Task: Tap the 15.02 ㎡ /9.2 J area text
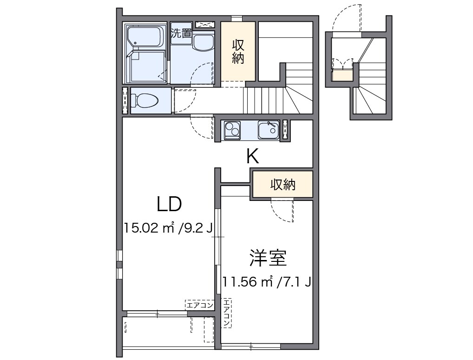[x=168, y=228]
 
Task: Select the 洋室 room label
[x=267, y=258]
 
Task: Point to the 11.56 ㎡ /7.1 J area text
[x=266, y=282]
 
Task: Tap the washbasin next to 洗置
[x=203, y=43]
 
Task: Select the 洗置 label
[x=181, y=33]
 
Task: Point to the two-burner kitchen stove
[x=232, y=130]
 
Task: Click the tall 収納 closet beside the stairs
[x=238, y=52]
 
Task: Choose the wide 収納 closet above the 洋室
[x=282, y=185]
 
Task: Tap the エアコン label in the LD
[x=199, y=305]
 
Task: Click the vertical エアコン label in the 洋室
[x=226, y=313]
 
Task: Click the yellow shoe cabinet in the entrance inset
[x=342, y=76]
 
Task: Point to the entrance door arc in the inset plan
[x=346, y=18]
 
